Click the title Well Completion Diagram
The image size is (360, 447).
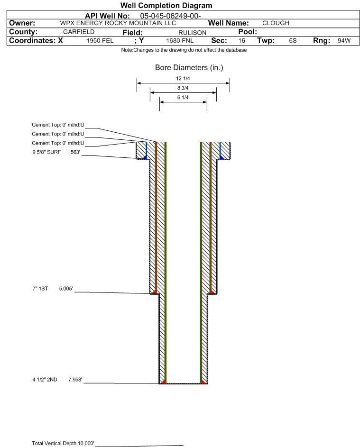(x=166, y=5)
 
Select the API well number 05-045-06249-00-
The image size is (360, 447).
(x=170, y=16)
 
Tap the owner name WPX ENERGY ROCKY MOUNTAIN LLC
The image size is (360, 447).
(x=118, y=23)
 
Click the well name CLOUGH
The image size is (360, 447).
(x=276, y=23)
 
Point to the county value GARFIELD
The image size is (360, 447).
(x=79, y=32)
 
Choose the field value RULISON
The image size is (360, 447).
(x=192, y=33)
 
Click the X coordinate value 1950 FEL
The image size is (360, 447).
(x=100, y=41)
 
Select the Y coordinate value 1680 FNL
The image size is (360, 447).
(x=180, y=41)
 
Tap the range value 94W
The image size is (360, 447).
(x=344, y=40)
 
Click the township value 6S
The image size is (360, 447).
(x=293, y=40)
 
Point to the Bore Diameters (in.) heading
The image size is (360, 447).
(x=189, y=68)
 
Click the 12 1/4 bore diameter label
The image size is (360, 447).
(x=183, y=78)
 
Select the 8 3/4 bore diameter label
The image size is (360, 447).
(x=183, y=88)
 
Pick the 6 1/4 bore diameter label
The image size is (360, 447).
(x=183, y=98)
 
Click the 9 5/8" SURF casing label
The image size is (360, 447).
(x=46, y=152)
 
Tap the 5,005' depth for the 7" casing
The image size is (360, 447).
(x=66, y=289)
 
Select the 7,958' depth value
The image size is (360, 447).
(x=75, y=380)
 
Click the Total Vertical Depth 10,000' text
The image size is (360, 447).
(x=63, y=443)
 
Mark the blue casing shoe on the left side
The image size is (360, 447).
(x=145, y=157)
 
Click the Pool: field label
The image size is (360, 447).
(x=248, y=32)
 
